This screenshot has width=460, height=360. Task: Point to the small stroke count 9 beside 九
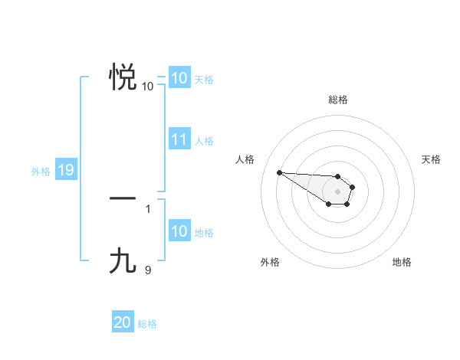(x=148, y=270)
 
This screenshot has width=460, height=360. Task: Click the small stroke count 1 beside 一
(x=148, y=208)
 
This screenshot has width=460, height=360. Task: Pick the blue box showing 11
(x=179, y=140)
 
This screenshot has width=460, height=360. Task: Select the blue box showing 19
(x=66, y=171)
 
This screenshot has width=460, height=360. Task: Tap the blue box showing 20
(x=123, y=323)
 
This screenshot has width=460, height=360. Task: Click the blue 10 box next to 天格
(x=179, y=78)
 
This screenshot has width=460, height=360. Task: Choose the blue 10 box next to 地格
(x=179, y=232)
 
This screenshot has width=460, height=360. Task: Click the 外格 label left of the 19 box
(x=41, y=172)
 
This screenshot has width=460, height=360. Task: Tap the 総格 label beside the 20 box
(x=147, y=324)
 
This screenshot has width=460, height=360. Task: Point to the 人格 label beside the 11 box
(x=204, y=141)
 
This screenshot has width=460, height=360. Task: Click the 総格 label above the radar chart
(x=338, y=100)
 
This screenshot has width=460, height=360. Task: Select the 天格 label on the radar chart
(x=431, y=159)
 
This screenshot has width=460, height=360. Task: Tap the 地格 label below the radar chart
(x=402, y=262)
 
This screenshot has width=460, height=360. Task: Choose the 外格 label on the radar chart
(x=270, y=262)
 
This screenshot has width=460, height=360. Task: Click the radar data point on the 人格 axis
(x=279, y=172)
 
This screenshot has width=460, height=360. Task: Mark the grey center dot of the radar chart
(x=338, y=191)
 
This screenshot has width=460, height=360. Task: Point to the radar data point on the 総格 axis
(x=338, y=176)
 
